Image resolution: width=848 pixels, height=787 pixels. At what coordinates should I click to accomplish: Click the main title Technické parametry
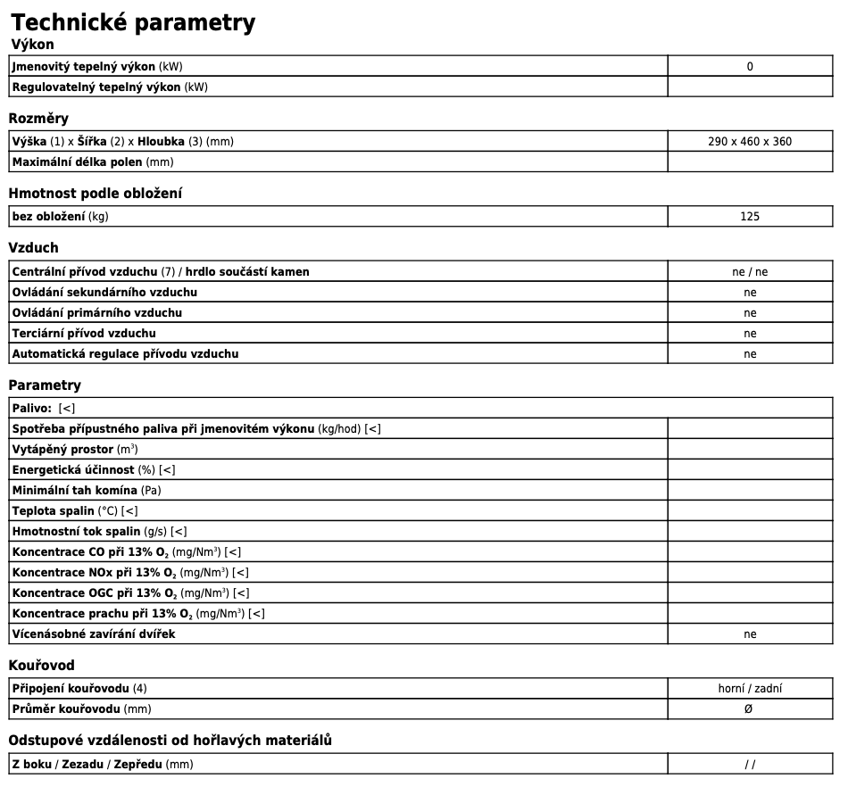133,22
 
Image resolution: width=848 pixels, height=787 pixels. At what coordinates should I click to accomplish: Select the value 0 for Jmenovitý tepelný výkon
750,66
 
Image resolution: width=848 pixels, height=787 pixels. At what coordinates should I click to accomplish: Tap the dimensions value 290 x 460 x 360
749,141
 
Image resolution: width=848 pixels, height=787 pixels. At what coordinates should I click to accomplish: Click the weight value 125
750,216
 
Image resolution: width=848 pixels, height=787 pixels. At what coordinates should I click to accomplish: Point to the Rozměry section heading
38,119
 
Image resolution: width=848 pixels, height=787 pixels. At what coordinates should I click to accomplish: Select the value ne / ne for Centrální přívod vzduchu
749,272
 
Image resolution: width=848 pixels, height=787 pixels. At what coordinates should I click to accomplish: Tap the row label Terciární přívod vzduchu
84,333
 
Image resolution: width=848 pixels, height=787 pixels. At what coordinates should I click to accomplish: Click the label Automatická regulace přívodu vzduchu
125,353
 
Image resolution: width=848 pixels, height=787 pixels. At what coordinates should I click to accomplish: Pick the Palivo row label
31,408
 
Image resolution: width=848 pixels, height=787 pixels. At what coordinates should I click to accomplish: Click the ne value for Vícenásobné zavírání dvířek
750,634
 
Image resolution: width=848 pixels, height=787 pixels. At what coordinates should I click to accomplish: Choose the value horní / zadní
750,688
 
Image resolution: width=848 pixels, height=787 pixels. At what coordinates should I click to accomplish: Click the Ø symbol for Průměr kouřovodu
748,708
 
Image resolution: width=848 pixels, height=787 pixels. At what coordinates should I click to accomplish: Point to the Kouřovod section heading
41,666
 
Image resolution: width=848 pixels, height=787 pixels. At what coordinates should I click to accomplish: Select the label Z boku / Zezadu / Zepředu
102,764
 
